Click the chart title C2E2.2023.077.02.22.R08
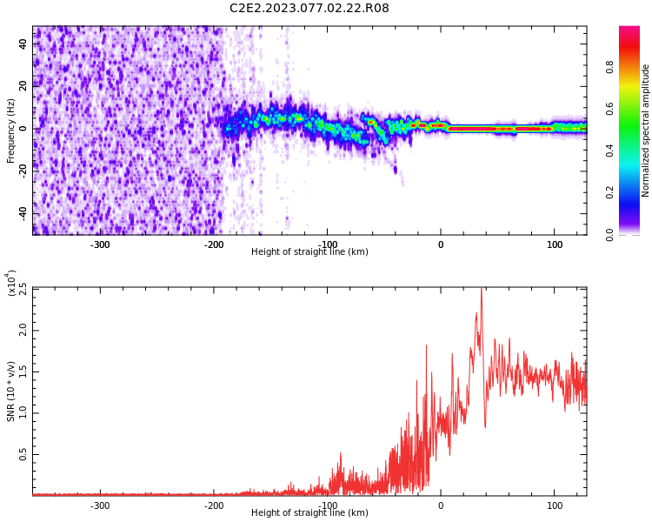pos(309,8)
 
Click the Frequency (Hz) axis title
pos(10,130)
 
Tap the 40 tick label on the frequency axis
pos(23,44)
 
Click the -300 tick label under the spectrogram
pos(100,244)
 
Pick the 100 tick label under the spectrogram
pos(555,244)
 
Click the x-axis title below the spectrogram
pos(309,251)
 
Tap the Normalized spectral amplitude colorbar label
pos(645,130)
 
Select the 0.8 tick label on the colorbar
pos(609,67)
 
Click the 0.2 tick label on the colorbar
pos(609,193)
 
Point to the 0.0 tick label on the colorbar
pos(609,235)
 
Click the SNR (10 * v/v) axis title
pos(10,391)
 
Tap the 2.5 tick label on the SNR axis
pos(23,290)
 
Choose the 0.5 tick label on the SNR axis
pos(23,454)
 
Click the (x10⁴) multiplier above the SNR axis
pos(11,283)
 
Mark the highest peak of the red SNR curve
pos(482,288)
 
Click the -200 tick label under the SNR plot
pos(213,505)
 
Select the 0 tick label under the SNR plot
pos(441,505)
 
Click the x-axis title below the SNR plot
pos(309,512)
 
